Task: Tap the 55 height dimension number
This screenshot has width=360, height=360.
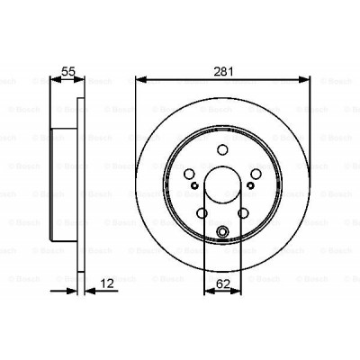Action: pyautogui.click(x=67, y=67)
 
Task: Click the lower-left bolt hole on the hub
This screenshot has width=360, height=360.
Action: pyautogui.click(x=201, y=214)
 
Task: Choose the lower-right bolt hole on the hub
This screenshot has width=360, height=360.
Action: pyautogui.click(x=244, y=214)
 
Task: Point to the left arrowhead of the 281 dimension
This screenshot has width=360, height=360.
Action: pyautogui.click(x=139, y=79)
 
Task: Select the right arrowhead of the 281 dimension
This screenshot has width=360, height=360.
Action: pyautogui.click(x=306, y=79)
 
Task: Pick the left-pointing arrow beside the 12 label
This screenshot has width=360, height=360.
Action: pyautogui.click(x=90, y=290)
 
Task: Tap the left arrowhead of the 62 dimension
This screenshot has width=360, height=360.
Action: pyautogui.click(x=208, y=290)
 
